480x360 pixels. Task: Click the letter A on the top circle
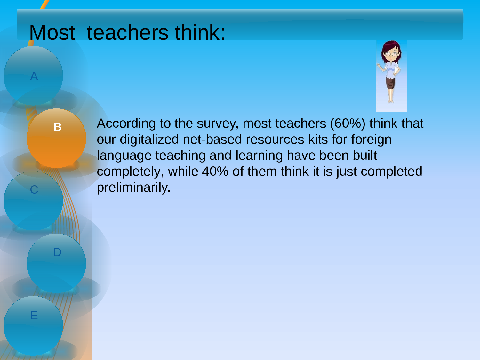coord(34,76)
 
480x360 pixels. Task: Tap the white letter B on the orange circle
coord(57,127)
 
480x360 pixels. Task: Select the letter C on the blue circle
coord(34,189)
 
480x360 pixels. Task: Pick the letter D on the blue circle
coord(57,252)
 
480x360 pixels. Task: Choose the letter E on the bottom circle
coord(34,315)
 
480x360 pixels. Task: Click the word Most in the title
coord(52,32)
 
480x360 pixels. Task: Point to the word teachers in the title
coord(128,32)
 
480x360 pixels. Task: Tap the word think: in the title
coord(200,32)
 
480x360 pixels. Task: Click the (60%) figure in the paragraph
coord(348,124)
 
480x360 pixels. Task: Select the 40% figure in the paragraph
coord(215,171)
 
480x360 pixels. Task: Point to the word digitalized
coord(149,140)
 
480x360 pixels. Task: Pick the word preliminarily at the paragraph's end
coord(133,188)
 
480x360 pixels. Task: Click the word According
coord(126,124)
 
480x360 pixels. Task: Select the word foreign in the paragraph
coord(371,140)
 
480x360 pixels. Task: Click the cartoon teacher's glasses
coord(391,53)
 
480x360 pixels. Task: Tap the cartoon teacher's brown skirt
coord(391,83)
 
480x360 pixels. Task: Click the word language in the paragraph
coord(124,156)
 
